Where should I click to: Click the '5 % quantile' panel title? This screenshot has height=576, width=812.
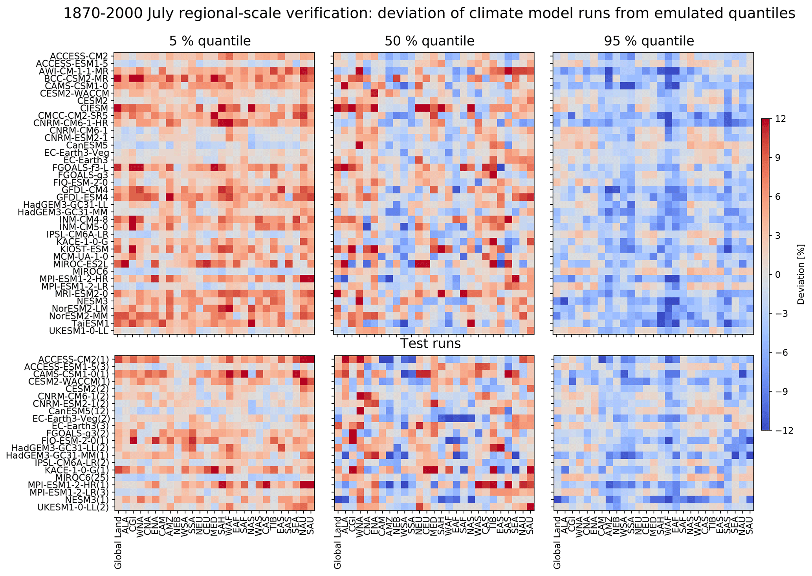(210, 41)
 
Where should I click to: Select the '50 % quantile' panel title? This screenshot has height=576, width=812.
(429, 41)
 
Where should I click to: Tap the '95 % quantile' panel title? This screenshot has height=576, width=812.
(649, 41)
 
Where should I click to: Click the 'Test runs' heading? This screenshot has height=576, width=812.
(430, 344)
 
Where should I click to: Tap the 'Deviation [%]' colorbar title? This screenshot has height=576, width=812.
(801, 275)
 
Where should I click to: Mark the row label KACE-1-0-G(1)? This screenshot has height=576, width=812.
(79, 470)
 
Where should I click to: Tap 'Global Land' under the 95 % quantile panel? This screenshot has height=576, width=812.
(557, 547)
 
